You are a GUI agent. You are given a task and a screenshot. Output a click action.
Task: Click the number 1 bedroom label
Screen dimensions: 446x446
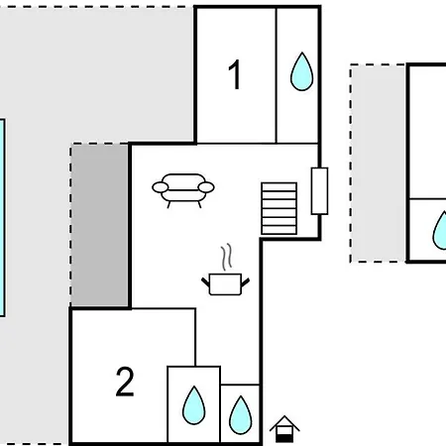pos(235,75)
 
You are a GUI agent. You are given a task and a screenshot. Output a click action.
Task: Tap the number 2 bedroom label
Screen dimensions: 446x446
pos(125,382)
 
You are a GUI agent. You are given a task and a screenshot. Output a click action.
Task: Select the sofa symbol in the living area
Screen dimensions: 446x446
pos(183,190)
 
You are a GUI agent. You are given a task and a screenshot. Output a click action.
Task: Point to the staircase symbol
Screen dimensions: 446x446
pos(279,208)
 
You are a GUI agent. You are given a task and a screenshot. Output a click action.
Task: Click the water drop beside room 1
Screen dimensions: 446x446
pos(301,71)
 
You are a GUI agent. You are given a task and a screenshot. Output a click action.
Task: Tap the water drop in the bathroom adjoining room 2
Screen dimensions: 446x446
pos(194,405)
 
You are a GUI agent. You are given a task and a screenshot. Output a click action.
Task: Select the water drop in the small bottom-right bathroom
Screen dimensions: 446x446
pos(241,415)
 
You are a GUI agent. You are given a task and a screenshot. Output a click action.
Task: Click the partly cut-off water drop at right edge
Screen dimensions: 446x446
pos(440,230)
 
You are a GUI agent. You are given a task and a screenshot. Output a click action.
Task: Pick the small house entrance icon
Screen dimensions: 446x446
pos(284,429)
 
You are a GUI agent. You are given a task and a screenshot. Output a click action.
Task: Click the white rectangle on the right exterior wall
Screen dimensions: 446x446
pos(319,191)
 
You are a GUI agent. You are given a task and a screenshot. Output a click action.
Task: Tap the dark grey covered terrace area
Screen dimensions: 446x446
pos(100,226)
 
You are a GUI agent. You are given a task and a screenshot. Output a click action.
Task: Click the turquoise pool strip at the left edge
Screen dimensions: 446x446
pos(2,218)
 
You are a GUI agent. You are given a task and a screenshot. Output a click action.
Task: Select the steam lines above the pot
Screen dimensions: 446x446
pos(227,257)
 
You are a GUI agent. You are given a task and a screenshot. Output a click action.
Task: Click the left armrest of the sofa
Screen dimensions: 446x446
pos(161,187)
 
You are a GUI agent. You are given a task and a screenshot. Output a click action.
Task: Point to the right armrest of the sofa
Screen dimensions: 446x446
pos(206,187)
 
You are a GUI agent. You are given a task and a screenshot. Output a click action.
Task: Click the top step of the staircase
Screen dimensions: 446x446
pos(279,186)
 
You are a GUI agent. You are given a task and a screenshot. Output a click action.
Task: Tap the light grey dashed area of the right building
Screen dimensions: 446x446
pos(379,164)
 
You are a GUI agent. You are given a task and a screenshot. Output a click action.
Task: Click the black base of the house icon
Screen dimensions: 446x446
pos(284,438)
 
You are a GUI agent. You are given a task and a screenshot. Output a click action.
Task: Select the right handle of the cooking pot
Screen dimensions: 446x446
pos(246,282)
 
